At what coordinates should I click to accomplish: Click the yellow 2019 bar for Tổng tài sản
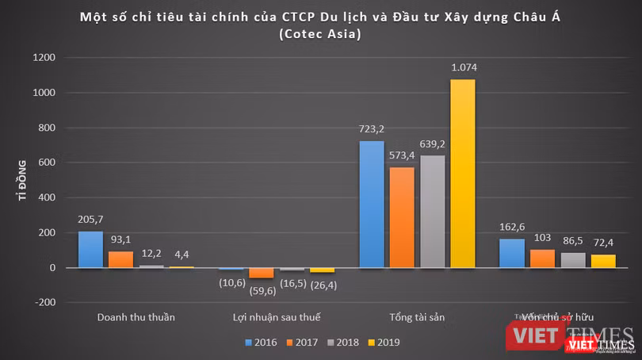point(463,173)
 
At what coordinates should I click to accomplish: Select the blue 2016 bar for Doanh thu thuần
point(90,249)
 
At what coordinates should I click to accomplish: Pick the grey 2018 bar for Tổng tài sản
point(433,211)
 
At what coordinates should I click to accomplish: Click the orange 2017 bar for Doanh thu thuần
point(120,259)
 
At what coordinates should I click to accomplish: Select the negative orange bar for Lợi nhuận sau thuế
point(262,274)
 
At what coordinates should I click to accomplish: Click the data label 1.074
point(463,67)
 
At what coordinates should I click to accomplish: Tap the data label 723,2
point(371,128)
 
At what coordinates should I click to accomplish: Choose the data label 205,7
point(90,219)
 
